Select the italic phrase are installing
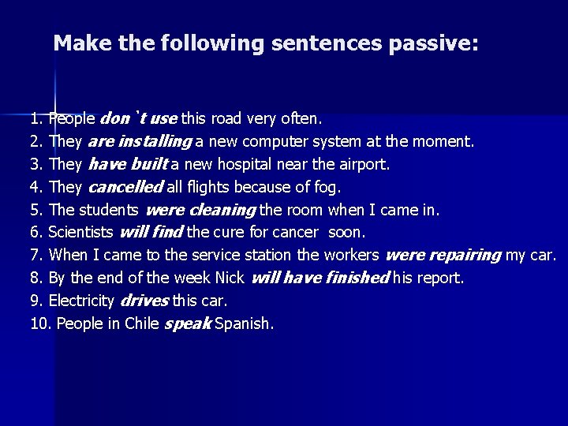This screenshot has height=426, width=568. [x=141, y=142]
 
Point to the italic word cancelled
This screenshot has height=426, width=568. [x=125, y=187]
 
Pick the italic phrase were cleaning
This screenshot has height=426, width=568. [x=200, y=210]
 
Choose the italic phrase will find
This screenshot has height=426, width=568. [x=151, y=233]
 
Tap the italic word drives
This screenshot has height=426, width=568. [x=146, y=301]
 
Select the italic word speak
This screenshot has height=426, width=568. [x=188, y=323]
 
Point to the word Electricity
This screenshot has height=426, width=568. [x=82, y=301]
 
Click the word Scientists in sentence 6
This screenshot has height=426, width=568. [x=81, y=233]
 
